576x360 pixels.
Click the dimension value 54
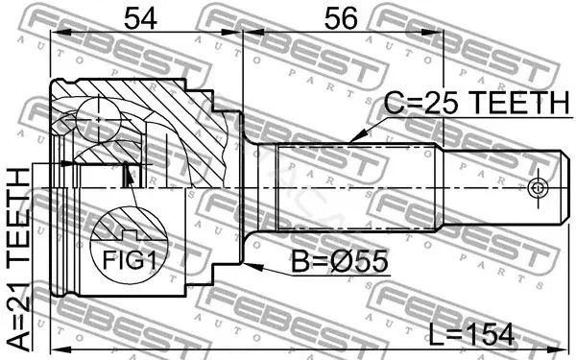click(141, 19)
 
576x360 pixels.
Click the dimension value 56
click(341, 19)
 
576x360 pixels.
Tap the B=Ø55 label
click(340, 261)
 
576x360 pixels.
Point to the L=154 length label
click(471, 335)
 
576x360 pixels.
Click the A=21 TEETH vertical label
click(19, 259)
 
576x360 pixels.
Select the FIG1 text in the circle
click(130, 260)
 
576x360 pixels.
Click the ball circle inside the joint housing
click(99, 119)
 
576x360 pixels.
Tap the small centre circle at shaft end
click(537, 188)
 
